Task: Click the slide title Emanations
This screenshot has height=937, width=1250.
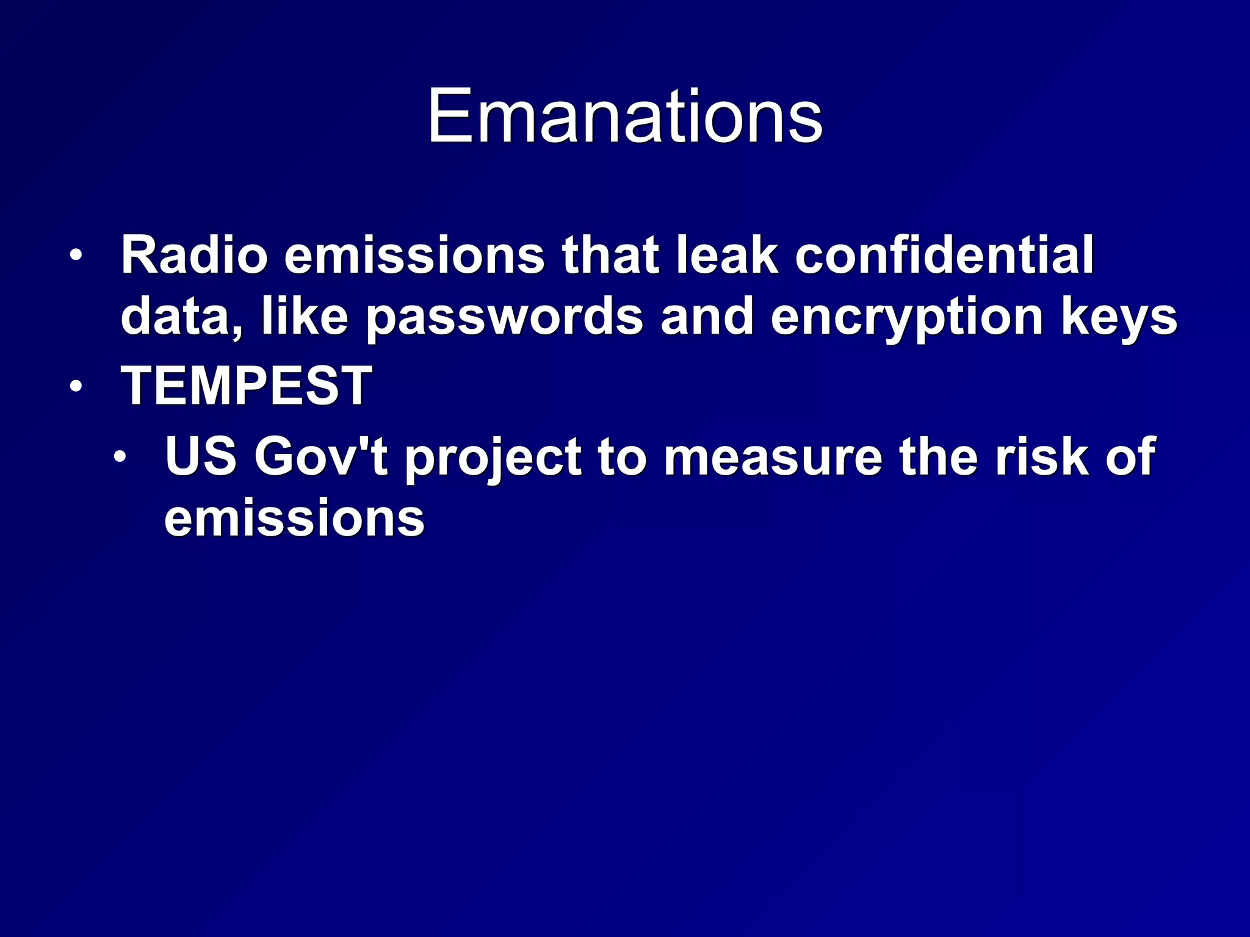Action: [625, 116]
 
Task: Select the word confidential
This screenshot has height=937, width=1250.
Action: [944, 255]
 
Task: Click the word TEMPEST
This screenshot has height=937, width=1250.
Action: [246, 385]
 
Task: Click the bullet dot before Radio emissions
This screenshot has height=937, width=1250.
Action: [75, 256]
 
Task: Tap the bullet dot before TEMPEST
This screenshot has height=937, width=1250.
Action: [75, 386]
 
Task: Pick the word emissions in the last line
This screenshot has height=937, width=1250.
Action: [294, 519]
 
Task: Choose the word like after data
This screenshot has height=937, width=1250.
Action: [305, 317]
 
